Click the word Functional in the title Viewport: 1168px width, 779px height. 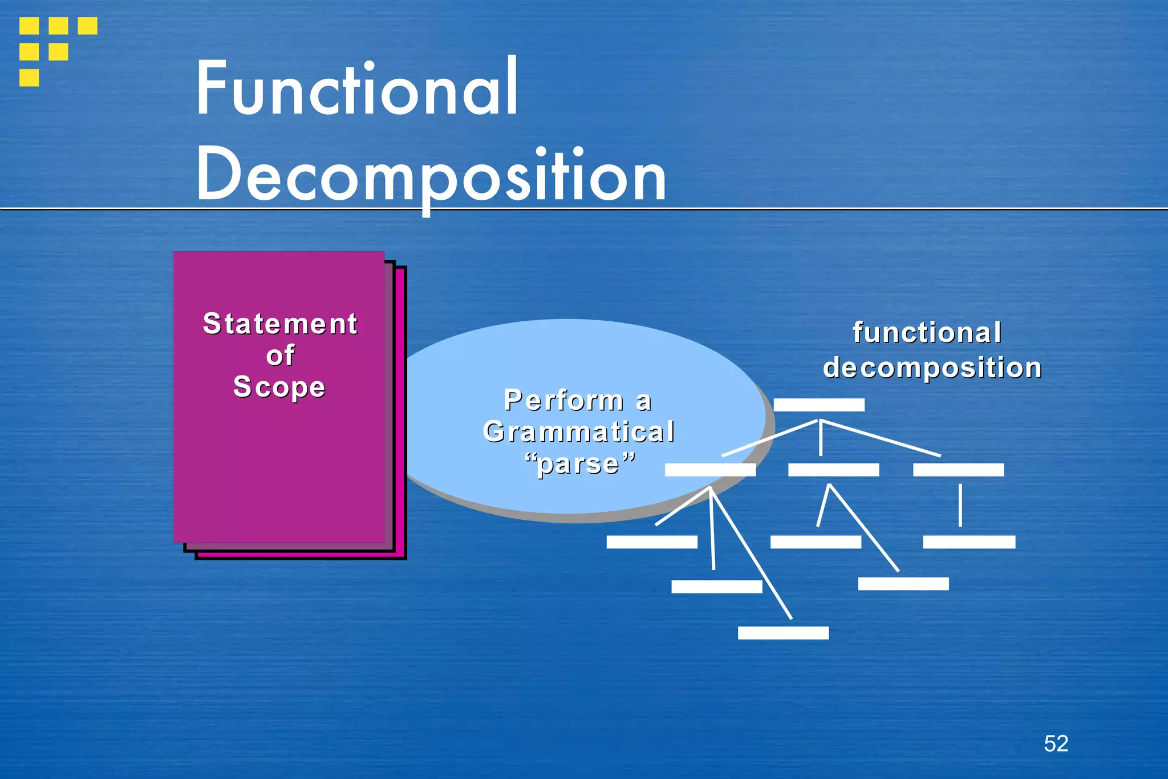357,88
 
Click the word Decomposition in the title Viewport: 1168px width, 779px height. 431,174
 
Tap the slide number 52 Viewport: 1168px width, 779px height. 1056,744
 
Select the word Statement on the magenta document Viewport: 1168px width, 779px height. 280,324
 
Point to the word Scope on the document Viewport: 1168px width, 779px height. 279,386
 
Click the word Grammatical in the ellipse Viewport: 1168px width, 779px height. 579,431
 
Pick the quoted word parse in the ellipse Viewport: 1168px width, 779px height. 579,463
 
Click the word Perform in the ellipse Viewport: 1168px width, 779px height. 564,400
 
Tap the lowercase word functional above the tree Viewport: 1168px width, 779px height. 927,333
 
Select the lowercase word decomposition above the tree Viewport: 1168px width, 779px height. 932,368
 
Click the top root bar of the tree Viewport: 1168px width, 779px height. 819,405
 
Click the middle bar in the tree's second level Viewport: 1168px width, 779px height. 833,470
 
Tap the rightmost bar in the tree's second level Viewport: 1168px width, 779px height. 958,470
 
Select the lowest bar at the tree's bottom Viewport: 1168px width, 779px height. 783,633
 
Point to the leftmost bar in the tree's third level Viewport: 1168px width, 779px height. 652,542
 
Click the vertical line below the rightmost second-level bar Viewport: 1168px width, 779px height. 960,505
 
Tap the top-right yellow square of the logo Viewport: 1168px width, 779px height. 87,26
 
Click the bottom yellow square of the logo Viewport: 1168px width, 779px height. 29,78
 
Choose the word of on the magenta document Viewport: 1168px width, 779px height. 280,355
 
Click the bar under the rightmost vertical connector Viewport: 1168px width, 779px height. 969,542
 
